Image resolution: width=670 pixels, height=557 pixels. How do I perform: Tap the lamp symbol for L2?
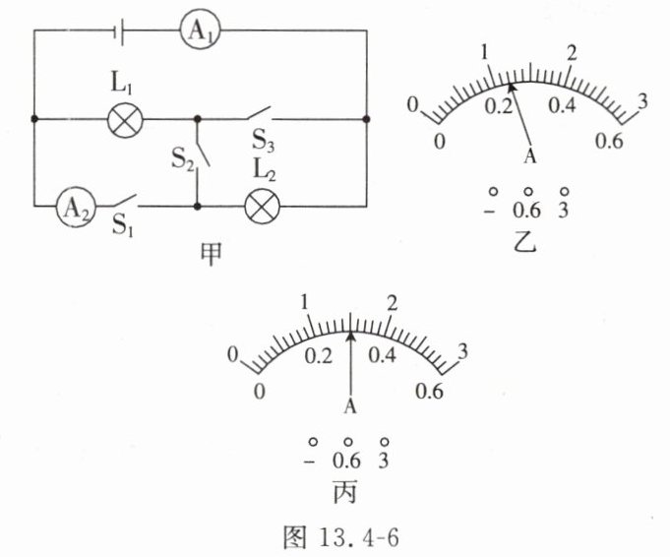click(263, 207)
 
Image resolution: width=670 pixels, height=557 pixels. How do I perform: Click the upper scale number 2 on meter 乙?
click(572, 51)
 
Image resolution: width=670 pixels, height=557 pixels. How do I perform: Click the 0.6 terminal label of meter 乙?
click(528, 211)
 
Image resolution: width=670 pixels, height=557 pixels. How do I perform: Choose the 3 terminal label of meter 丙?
click(385, 460)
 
